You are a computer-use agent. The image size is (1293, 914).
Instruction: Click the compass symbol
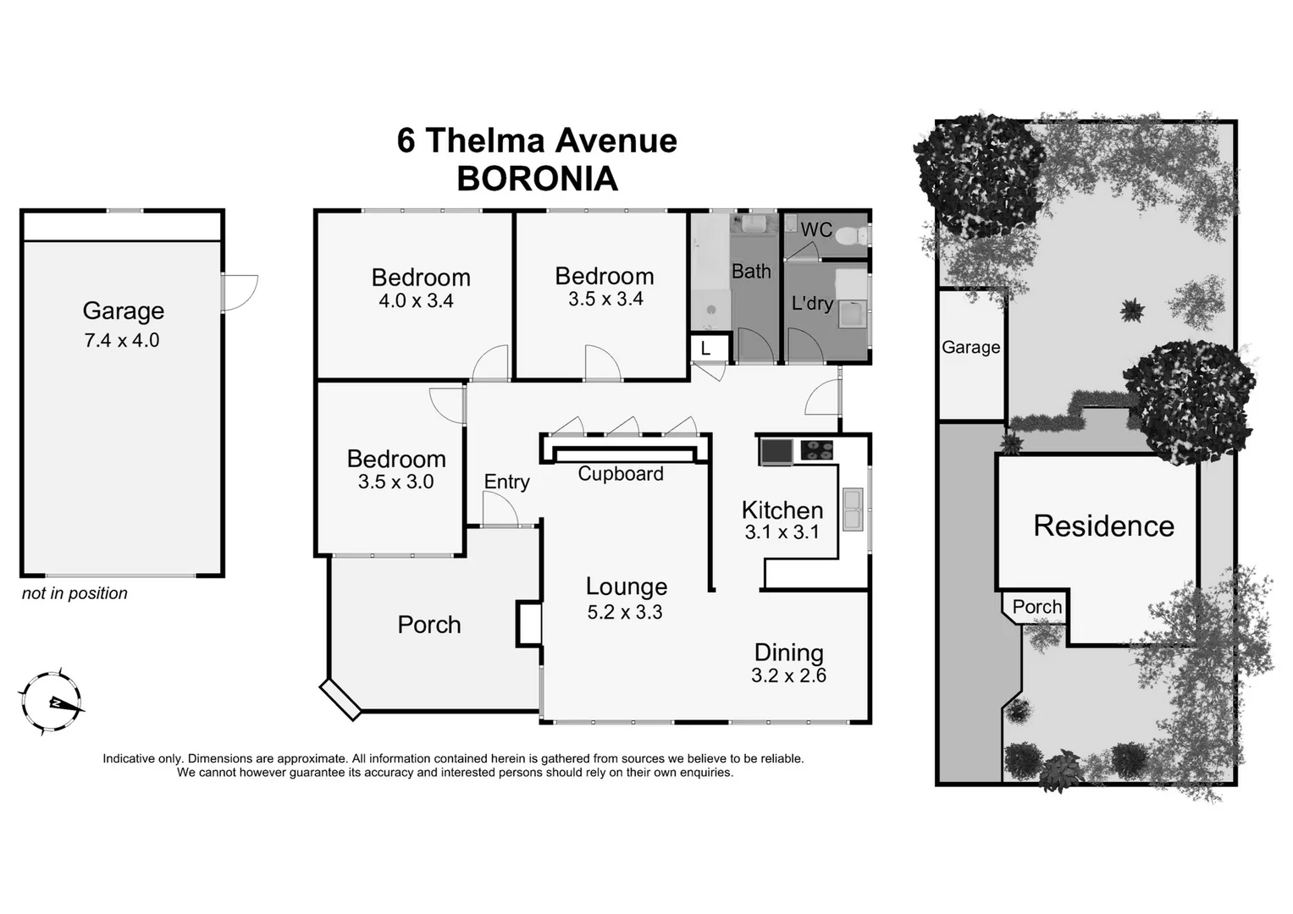tap(52, 702)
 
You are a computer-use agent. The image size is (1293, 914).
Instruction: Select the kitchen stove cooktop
tap(817, 450)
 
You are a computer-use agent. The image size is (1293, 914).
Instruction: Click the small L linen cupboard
tap(705, 348)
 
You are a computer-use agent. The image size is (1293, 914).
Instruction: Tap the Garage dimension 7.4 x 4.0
tap(122, 340)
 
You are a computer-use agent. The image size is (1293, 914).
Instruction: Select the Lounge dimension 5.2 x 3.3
tap(625, 612)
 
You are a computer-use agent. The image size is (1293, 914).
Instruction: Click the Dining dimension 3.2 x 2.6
tap(788, 675)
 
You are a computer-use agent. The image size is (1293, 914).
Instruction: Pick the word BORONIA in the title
tap(537, 179)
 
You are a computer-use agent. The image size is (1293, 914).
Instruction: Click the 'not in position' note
tap(75, 593)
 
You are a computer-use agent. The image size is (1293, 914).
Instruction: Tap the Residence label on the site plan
tap(1103, 526)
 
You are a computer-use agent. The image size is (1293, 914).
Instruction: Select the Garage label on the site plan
tap(970, 347)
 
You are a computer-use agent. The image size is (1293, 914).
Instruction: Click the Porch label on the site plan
tap(1036, 607)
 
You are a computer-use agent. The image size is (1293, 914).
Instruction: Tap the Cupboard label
tap(621, 474)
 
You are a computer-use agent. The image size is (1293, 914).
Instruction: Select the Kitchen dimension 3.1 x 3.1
tap(782, 532)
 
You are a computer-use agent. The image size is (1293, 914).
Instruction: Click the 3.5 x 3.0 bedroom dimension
tap(395, 482)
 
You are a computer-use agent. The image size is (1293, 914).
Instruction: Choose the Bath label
tap(751, 271)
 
